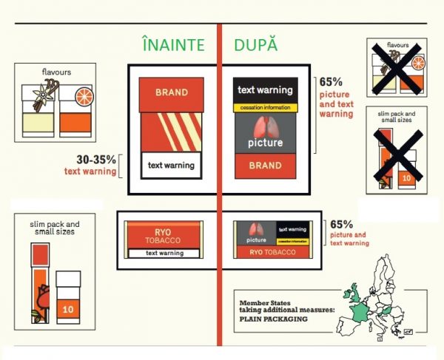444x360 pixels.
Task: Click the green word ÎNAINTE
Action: (173, 45)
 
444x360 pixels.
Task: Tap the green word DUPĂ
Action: (256, 45)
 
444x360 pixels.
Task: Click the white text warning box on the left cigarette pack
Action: (171, 165)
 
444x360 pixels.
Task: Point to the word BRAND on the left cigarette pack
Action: (171, 92)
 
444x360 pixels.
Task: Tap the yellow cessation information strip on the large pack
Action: (265, 108)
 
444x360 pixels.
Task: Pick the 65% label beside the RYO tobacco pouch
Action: (342, 223)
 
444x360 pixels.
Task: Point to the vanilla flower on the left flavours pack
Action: (42, 95)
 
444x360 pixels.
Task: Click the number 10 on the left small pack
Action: (68, 308)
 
